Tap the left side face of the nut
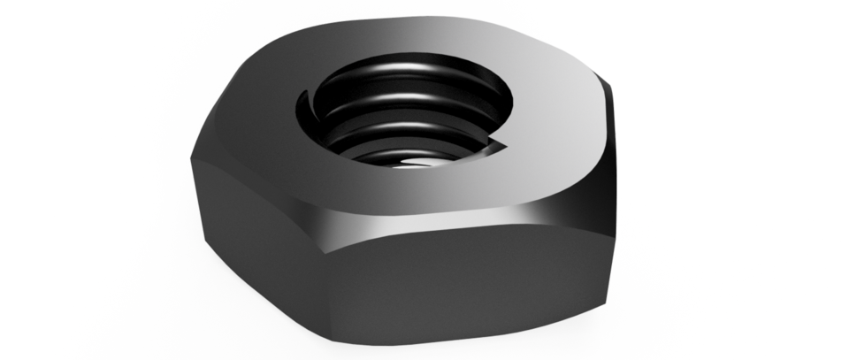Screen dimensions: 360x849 click(256, 221)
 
